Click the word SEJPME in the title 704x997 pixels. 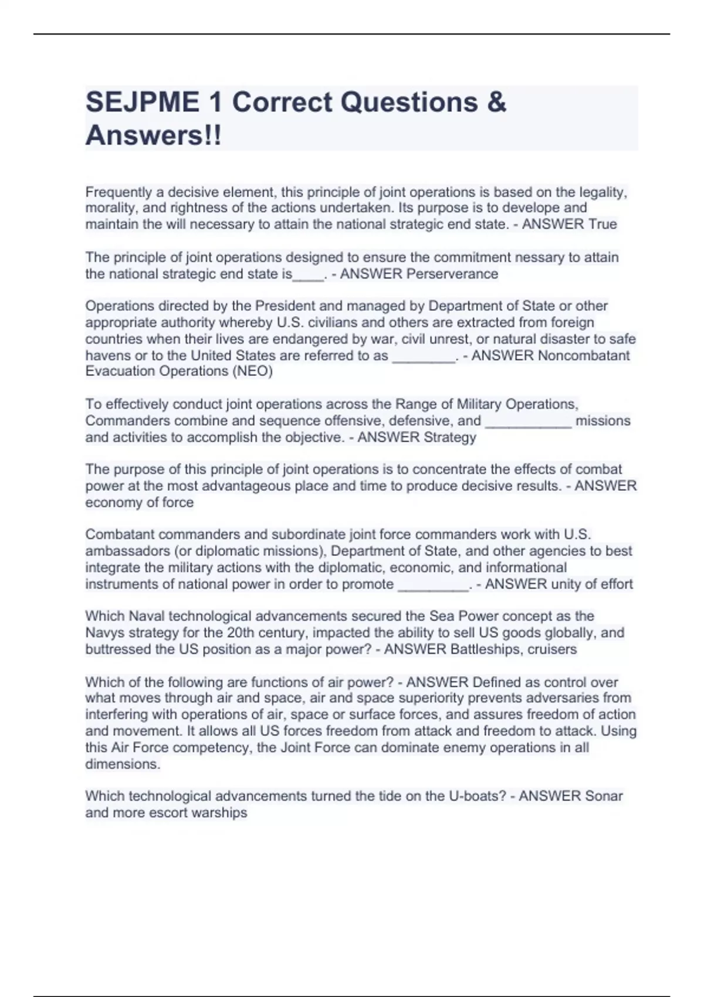click(142, 103)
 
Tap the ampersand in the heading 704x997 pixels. click(496, 103)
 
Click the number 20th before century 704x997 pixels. click(241, 633)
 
